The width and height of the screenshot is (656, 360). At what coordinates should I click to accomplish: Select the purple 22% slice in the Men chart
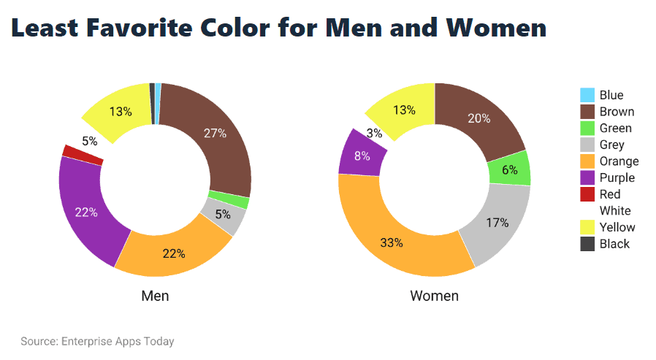click(x=84, y=212)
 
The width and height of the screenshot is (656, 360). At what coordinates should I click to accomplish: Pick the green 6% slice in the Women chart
click(x=510, y=169)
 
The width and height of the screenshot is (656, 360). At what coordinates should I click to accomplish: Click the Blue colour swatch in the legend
click(x=587, y=95)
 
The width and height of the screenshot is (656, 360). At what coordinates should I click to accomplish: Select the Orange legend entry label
click(x=619, y=161)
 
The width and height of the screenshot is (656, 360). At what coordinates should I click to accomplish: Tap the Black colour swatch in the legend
click(x=587, y=244)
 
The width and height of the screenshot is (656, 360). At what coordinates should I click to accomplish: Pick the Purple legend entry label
click(x=617, y=178)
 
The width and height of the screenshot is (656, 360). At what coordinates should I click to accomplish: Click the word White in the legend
click(x=615, y=211)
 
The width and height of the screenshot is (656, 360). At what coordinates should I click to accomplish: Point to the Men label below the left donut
click(x=155, y=296)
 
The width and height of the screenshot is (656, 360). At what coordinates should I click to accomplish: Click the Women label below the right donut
click(x=434, y=296)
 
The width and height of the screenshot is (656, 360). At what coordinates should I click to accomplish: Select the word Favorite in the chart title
click(x=171, y=28)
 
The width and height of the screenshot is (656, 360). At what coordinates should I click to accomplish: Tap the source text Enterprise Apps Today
click(x=117, y=341)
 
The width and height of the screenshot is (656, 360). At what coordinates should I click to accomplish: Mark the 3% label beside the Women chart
click(x=375, y=134)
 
